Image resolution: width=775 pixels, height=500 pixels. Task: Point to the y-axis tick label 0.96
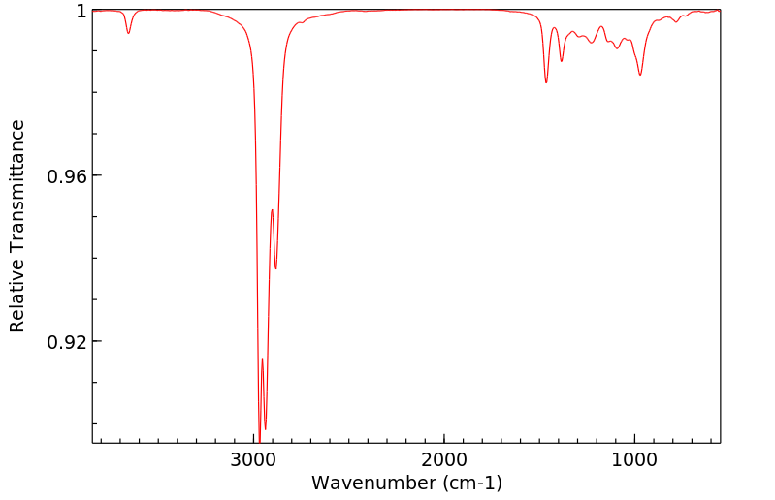[68, 176]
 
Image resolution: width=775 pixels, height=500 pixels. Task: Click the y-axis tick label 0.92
[68, 342]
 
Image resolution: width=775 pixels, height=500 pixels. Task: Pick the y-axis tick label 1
[81, 11]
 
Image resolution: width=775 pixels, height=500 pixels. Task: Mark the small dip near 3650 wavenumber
[128, 33]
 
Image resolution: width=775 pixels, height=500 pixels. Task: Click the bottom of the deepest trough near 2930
[265, 428]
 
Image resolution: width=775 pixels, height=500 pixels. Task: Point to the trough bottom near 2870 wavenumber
[276, 268]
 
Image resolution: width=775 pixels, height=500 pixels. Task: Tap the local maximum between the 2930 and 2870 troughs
[272, 209]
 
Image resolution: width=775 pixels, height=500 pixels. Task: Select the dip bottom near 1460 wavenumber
[546, 82]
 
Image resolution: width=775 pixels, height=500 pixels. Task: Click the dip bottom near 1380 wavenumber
[562, 62]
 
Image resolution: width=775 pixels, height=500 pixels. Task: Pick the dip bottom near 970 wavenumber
[640, 75]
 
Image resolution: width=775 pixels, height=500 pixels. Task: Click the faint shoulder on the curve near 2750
[301, 23]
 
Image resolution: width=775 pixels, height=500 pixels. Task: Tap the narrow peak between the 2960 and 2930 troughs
[262, 359]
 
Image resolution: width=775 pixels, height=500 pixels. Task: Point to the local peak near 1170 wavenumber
[601, 27]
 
